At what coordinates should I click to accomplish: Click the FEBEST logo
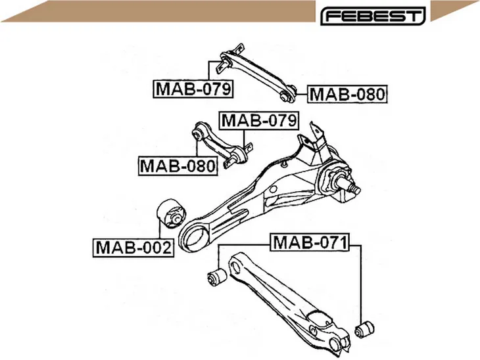(373, 16)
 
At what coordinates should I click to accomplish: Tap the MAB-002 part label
(133, 248)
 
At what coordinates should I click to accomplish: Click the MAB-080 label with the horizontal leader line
(347, 94)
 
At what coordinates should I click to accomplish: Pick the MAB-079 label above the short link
(259, 120)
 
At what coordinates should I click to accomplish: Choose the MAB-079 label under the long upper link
(193, 89)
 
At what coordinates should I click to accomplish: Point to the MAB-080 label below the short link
(178, 166)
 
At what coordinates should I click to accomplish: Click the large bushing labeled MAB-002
(171, 214)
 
